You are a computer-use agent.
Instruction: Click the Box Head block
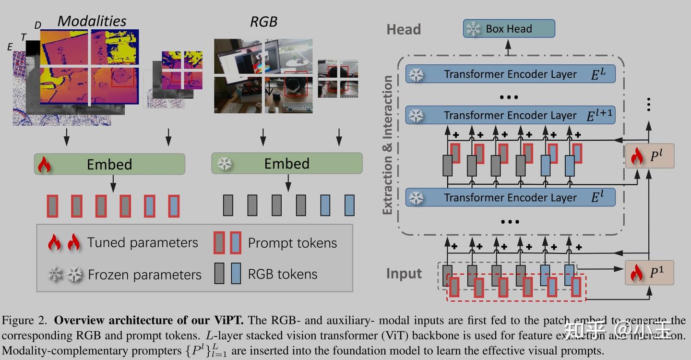509,29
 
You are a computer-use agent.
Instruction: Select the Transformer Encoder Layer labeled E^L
510,74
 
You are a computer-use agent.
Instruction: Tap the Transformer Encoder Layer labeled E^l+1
510,116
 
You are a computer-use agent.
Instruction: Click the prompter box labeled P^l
650,156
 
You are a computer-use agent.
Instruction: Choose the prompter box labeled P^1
650,273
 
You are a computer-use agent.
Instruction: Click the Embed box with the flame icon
109,164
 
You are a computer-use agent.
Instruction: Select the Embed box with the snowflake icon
287,164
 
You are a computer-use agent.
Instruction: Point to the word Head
404,30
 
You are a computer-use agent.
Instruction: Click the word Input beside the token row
404,274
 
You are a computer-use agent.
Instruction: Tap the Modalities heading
92,21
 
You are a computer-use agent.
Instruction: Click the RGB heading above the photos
264,22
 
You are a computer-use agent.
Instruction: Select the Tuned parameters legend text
143,243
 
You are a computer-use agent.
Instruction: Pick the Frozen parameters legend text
144,275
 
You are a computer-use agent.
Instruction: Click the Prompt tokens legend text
292,243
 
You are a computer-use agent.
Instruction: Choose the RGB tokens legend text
283,274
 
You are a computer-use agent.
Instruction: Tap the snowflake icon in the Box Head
474,29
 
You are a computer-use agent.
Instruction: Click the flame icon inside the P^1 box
636,273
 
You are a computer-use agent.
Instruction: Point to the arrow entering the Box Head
509,46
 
